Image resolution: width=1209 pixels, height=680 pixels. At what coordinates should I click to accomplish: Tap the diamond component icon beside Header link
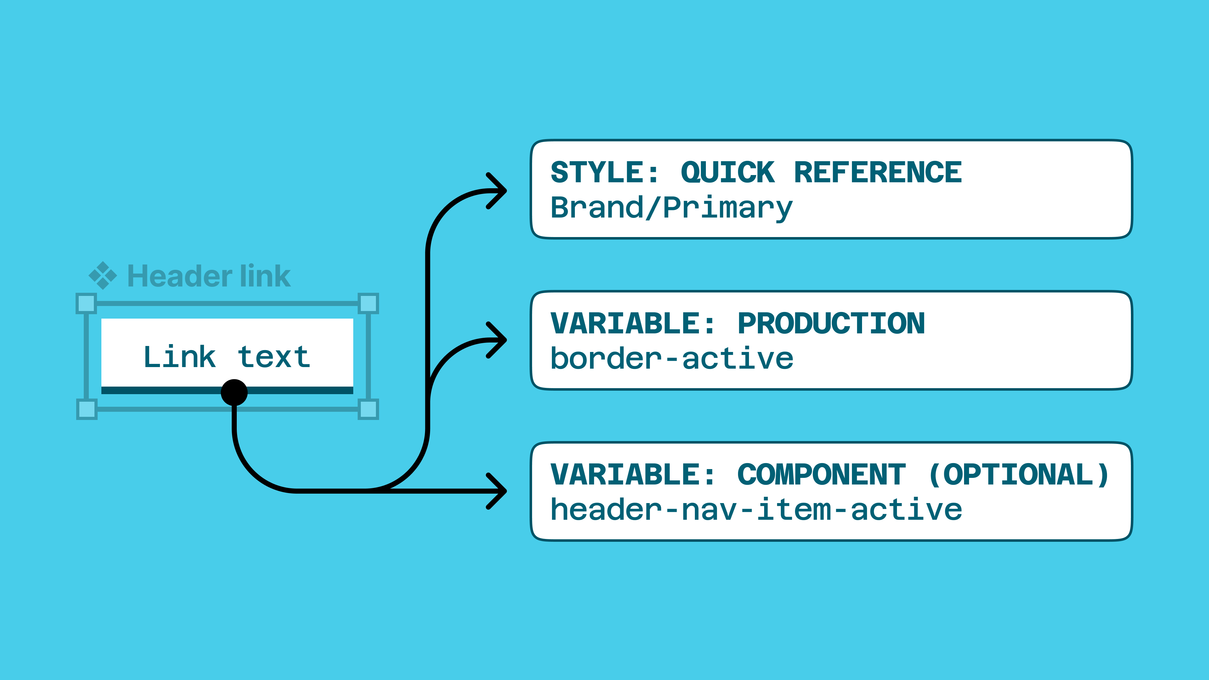pyautogui.click(x=103, y=275)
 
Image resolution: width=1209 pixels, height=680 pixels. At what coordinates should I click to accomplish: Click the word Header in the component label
pyautogui.click(x=180, y=276)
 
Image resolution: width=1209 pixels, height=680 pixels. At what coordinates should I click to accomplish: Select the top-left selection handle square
pyautogui.click(x=86, y=303)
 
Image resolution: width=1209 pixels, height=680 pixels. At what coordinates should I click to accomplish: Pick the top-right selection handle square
pyautogui.click(x=368, y=303)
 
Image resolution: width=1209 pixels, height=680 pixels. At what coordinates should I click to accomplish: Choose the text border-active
pyautogui.click(x=672, y=359)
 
